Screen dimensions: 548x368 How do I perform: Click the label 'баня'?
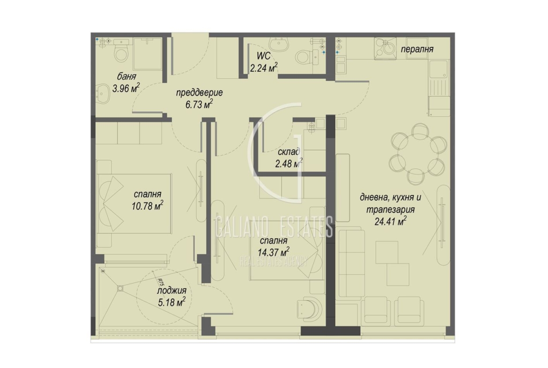(x=126, y=77)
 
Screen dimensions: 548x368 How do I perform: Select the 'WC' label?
(x=264, y=56)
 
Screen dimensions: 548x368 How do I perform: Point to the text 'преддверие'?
(x=199, y=93)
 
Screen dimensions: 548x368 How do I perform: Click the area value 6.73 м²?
(x=199, y=104)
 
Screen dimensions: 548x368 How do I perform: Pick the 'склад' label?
(x=289, y=152)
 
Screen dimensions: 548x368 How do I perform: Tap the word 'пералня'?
(x=417, y=49)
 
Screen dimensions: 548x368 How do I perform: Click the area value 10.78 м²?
(x=147, y=206)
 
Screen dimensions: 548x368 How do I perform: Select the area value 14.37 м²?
(x=274, y=252)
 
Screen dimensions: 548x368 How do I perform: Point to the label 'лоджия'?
(x=171, y=291)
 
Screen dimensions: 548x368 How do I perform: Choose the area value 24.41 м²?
(x=390, y=221)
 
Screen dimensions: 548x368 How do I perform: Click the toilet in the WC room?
(x=308, y=57)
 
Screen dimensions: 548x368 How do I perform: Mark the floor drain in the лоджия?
(x=120, y=288)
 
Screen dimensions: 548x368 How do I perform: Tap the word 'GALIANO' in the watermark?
(x=241, y=227)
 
